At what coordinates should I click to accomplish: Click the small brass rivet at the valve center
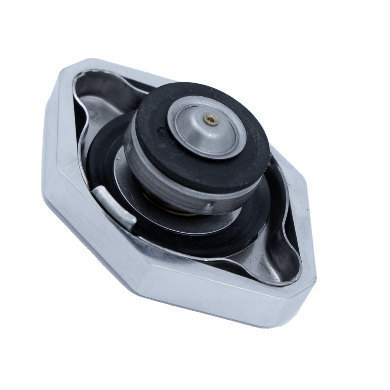coord(206,120)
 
